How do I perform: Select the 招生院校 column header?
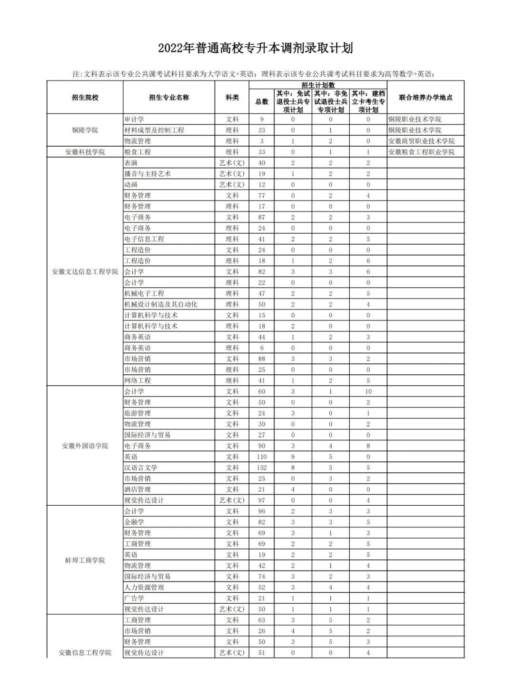[x=85, y=98]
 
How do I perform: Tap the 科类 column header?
[x=232, y=98]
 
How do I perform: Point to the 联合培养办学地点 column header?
[x=425, y=98]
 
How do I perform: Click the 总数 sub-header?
[x=262, y=102]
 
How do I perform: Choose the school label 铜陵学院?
[x=85, y=130]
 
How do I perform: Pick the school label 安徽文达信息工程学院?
[x=85, y=272]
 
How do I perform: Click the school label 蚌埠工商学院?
[x=85, y=560]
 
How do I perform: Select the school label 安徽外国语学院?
[x=85, y=446]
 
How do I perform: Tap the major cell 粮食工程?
[x=138, y=152]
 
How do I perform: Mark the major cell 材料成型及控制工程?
[x=154, y=130]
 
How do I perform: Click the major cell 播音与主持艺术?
[x=148, y=174]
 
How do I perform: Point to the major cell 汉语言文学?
[x=141, y=468]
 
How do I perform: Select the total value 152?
[x=262, y=468]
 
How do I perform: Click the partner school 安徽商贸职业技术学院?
[x=421, y=141]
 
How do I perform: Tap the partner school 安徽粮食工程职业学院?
[x=421, y=152]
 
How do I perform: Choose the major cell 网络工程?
[x=138, y=381]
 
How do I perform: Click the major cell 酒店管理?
[x=138, y=490]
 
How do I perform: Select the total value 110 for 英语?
[x=262, y=457]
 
